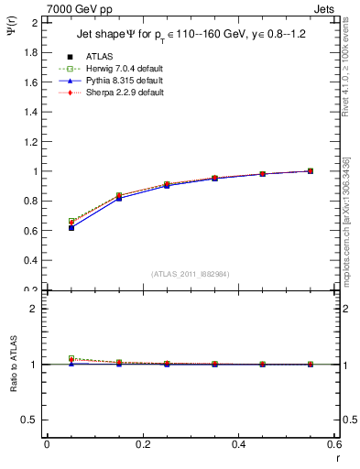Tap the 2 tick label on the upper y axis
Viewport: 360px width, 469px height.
point(36,23)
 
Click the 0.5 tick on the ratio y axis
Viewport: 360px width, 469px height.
point(32,420)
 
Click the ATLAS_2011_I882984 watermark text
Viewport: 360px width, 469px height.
point(189,273)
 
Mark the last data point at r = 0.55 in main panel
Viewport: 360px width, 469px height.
point(310,170)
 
